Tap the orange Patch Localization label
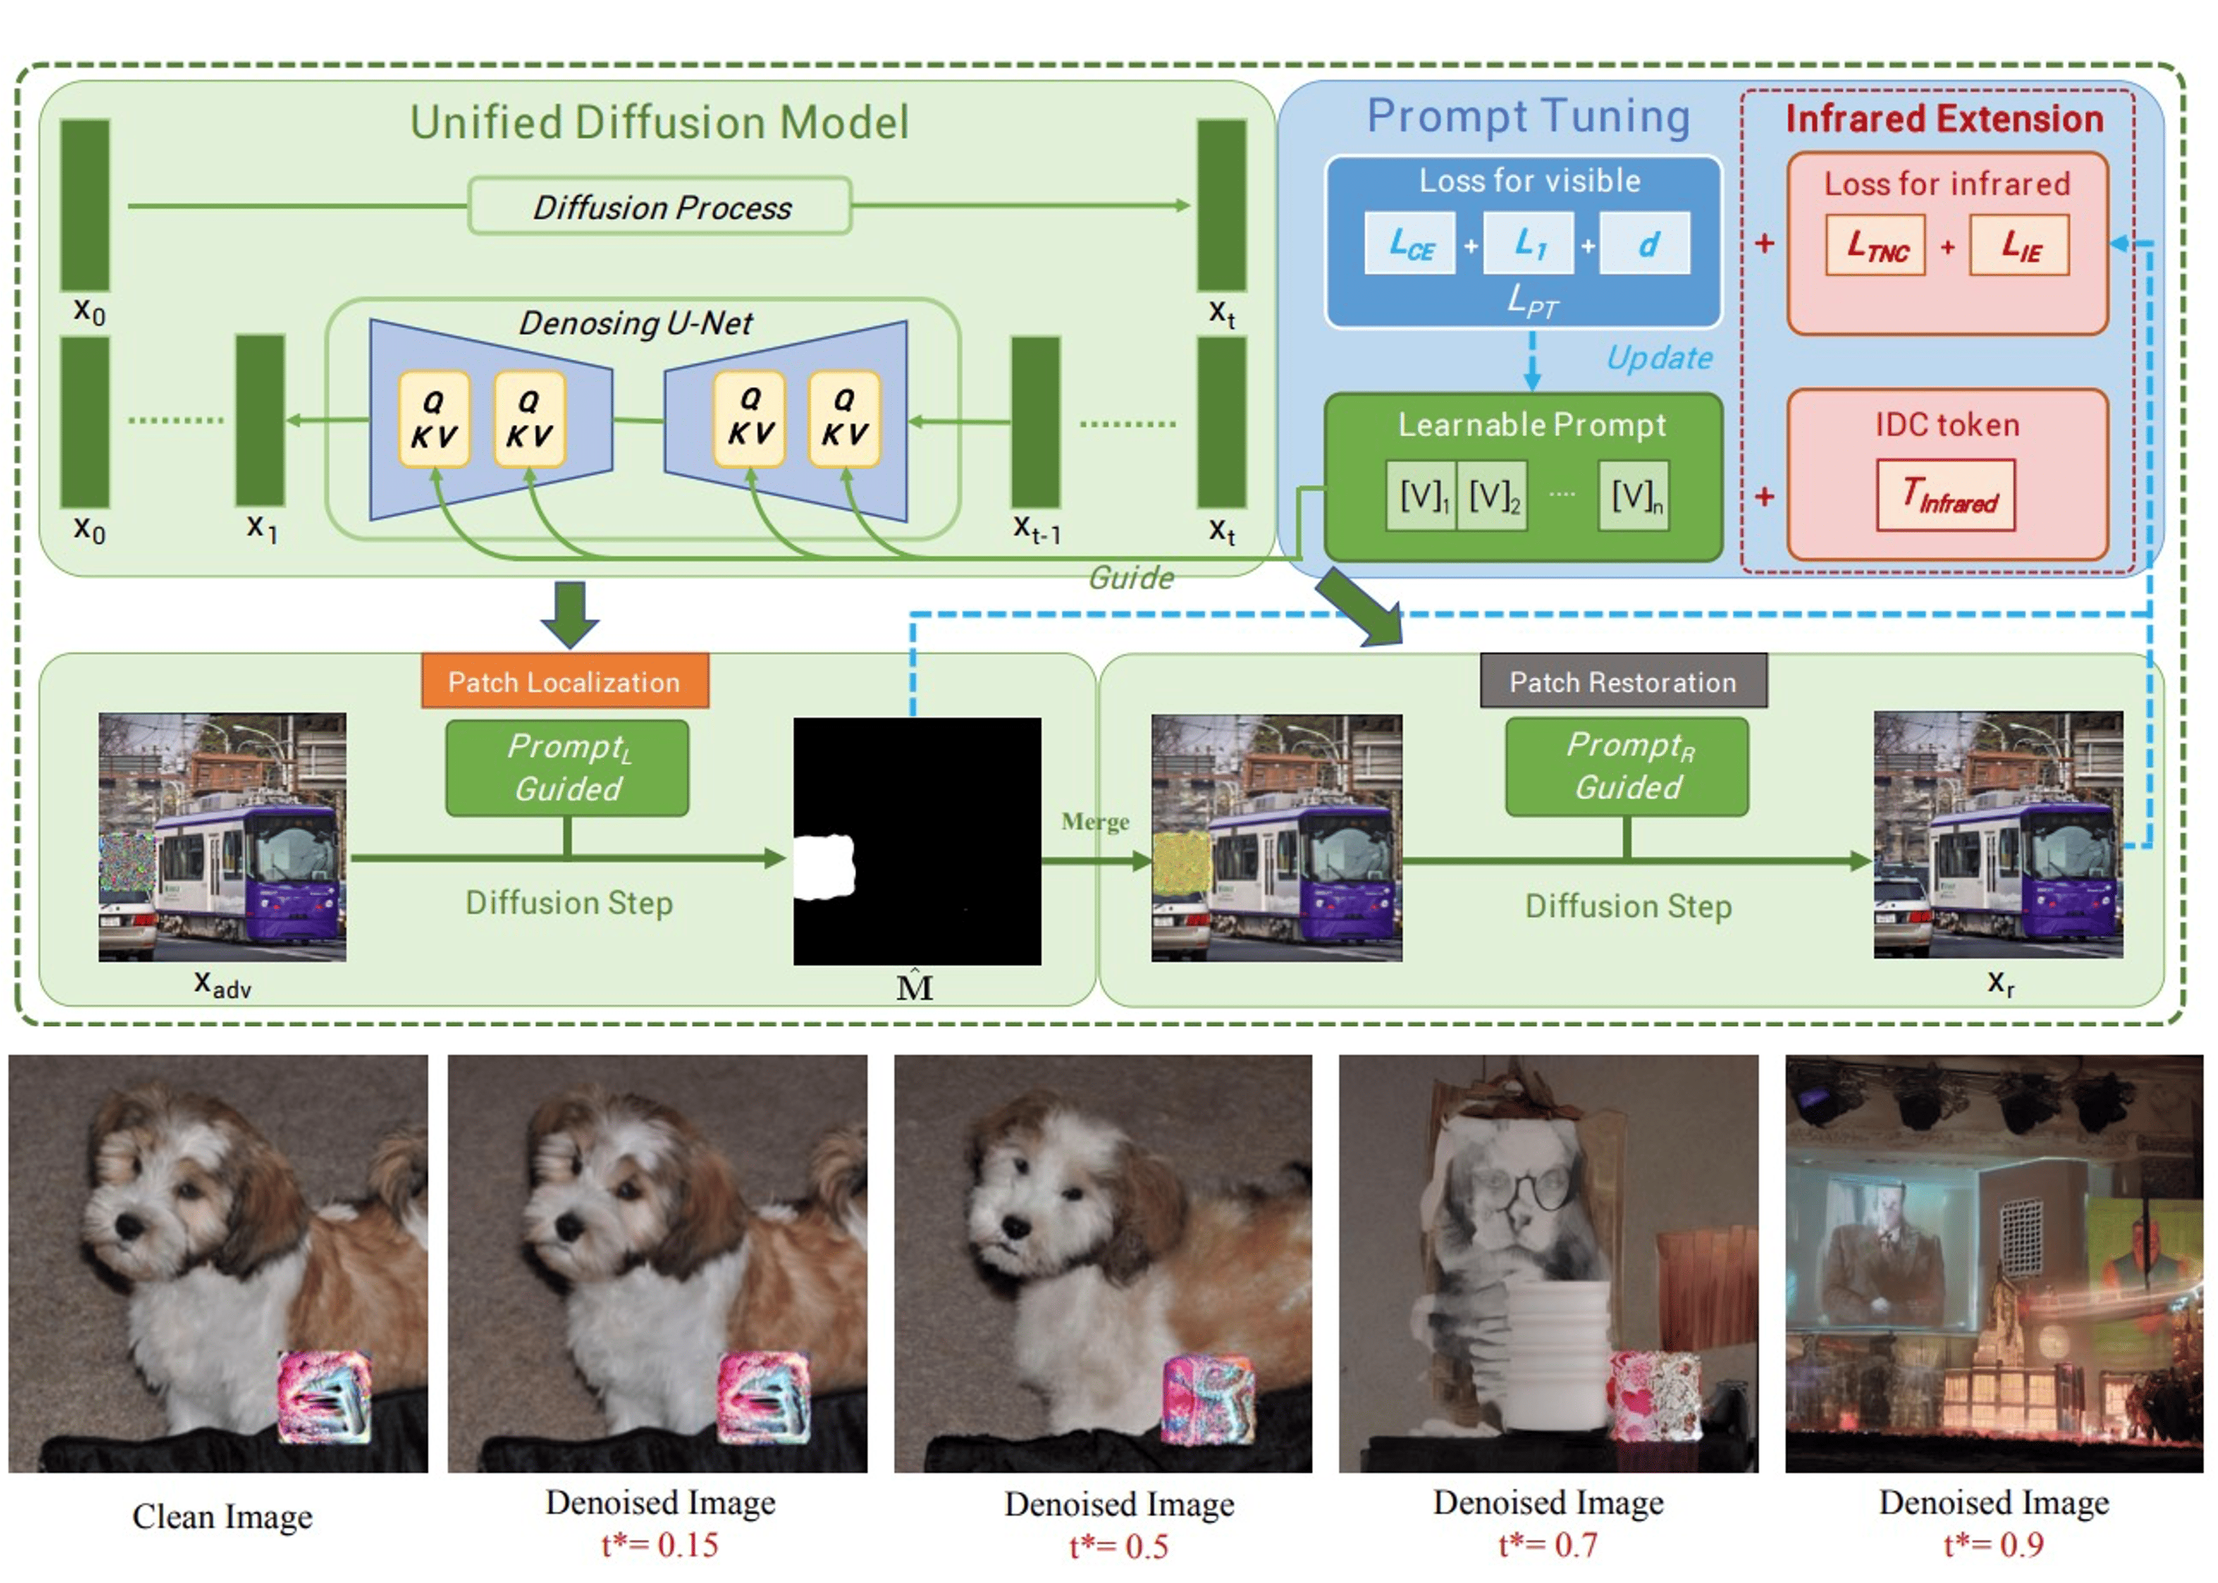click(x=564, y=681)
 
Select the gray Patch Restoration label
click(x=1623, y=681)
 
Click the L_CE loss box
click(x=1409, y=244)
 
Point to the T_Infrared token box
click(x=1946, y=496)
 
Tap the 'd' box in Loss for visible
click(x=1646, y=244)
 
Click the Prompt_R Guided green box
click(x=1627, y=766)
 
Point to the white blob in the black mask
click(x=824, y=866)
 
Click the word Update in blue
click(x=1659, y=358)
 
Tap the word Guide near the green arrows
click(x=1131, y=578)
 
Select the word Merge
click(x=1095, y=822)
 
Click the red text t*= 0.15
click(x=660, y=1545)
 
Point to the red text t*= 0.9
click(x=1994, y=1545)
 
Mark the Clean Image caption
click(x=222, y=1517)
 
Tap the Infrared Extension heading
click(x=1944, y=119)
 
